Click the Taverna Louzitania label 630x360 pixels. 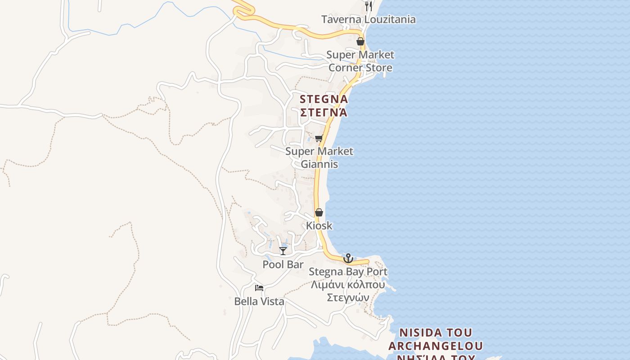[x=368, y=19]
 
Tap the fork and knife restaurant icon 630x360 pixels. [x=369, y=6]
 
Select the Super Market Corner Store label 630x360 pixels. [x=360, y=61]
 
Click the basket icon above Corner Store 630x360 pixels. [x=360, y=41]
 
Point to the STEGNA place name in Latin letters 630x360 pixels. [x=324, y=99]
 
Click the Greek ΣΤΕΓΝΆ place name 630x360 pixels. [x=324, y=112]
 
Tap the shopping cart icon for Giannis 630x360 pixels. [x=319, y=138]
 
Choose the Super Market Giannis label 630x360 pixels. [x=319, y=157]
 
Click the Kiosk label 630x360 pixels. [x=319, y=225]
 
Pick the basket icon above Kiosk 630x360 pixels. [x=319, y=212]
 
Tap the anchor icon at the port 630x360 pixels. [x=348, y=258]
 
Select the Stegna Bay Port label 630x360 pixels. [x=348, y=272]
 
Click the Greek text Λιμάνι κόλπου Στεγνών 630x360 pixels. [x=348, y=291]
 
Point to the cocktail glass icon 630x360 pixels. [x=283, y=251]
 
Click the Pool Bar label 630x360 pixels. [x=283, y=264]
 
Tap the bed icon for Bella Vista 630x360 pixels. [x=259, y=288]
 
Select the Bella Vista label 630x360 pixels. [x=259, y=301]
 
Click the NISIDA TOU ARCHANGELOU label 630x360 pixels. [x=436, y=339]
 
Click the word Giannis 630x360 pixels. [x=319, y=164]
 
